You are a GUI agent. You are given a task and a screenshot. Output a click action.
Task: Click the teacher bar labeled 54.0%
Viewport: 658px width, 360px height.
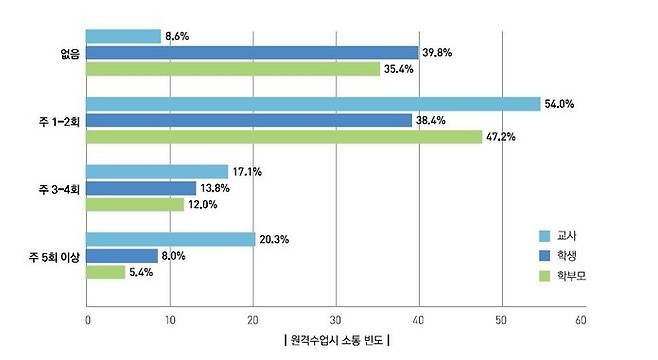[313, 104]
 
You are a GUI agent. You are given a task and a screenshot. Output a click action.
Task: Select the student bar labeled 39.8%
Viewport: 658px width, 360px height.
[252, 52]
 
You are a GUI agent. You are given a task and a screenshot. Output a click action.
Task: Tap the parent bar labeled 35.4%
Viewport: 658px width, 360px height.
[233, 69]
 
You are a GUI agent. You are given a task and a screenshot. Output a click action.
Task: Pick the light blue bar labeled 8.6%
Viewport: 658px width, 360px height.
[123, 36]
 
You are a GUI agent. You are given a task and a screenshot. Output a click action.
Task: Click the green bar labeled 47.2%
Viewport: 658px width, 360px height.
[284, 137]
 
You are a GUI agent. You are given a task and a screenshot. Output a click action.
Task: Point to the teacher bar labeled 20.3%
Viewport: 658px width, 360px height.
[171, 239]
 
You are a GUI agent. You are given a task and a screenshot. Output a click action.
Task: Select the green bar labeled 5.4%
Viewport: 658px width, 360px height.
[105, 272]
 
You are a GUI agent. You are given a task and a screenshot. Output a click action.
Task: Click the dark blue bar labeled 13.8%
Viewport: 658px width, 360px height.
[141, 188]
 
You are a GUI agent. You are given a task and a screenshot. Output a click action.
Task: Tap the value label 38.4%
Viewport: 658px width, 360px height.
[432, 120]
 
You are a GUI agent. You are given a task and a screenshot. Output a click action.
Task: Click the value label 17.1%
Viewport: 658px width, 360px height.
[248, 172]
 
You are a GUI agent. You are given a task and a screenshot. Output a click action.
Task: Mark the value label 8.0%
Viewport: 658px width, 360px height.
[174, 256]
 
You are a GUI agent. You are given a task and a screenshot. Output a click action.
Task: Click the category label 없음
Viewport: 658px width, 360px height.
[69, 52]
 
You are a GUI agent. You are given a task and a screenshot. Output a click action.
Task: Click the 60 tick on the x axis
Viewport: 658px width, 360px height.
[581, 321]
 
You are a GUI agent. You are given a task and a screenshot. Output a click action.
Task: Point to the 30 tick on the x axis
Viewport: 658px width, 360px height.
[335, 321]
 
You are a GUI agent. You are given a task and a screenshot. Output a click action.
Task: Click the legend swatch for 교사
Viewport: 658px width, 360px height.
[546, 236]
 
